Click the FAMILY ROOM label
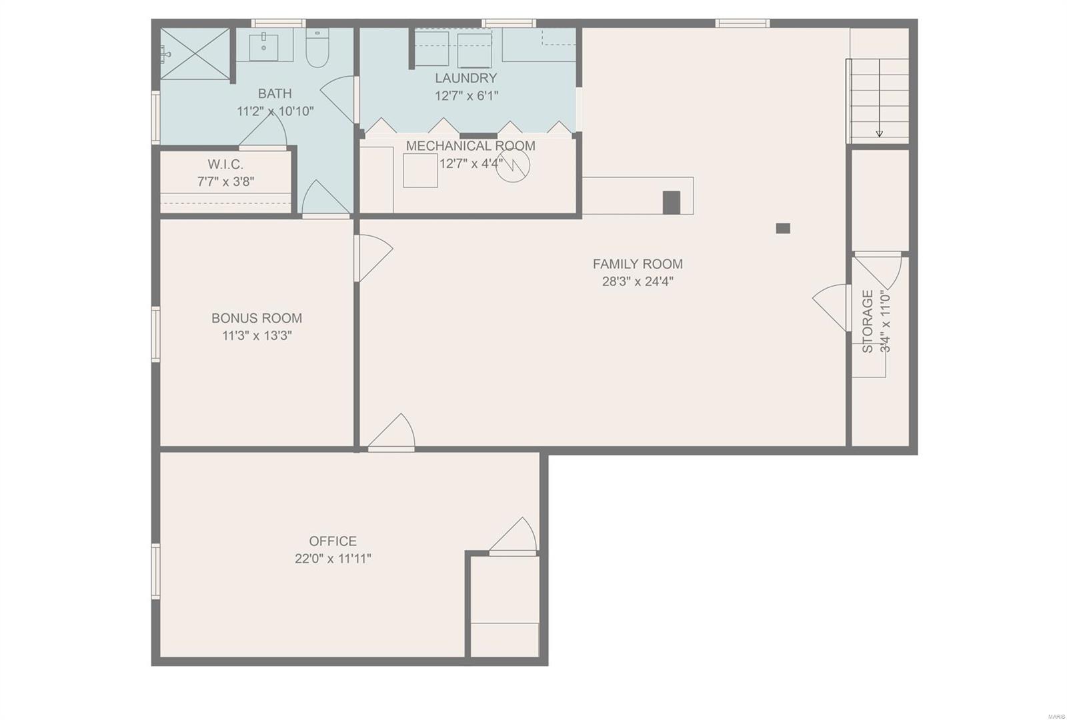point(638,264)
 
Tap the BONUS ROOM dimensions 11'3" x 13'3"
point(257,336)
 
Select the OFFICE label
point(333,541)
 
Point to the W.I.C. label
point(225,164)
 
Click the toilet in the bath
point(317,47)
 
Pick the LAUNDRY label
point(466,77)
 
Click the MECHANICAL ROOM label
point(471,146)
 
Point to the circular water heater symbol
point(513,165)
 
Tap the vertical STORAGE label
point(868,321)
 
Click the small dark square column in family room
point(783,229)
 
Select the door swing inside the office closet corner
point(513,536)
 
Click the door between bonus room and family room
point(373,257)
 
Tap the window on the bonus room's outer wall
point(156,334)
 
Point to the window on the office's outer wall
point(156,571)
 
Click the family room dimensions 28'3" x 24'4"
point(638,281)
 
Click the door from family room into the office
point(391,433)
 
